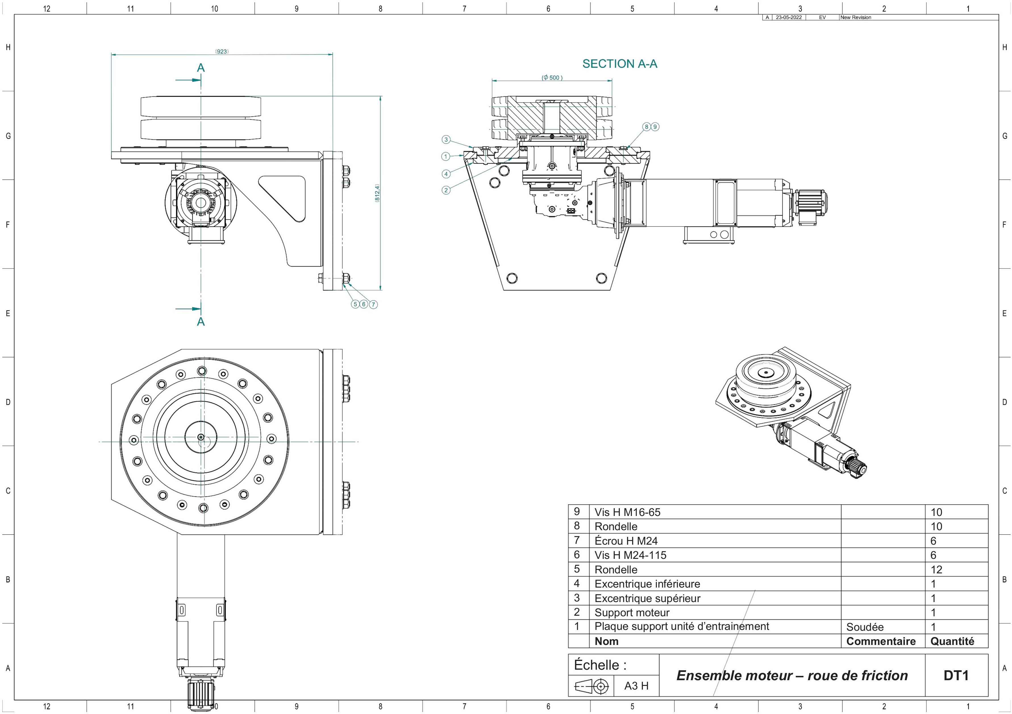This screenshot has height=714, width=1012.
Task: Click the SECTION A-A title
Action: pos(620,64)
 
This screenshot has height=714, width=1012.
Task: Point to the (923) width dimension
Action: pos(222,51)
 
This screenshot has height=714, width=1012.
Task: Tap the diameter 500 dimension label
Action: pos(552,78)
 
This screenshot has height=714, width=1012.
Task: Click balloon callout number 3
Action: pos(446,140)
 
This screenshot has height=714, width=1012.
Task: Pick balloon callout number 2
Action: pos(446,190)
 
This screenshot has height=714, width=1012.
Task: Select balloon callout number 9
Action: pos(655,127)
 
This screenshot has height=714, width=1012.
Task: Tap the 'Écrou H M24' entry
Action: pos(626,541)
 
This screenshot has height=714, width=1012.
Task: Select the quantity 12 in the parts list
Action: pos(936,569)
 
